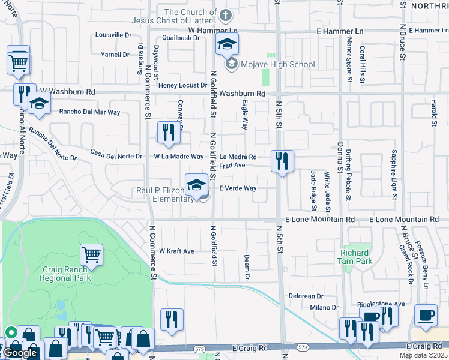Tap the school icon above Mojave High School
pyautogui.click(x=227, y=44)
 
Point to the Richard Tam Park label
pyautogui.click(x=356, y=257)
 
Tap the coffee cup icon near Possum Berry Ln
pyautogui.click(x=426, y=315)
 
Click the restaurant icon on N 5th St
pyautogui.click(x=282, y=161)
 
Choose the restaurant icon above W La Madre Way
pyautogui.click(x=169, y=133)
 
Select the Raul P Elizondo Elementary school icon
pyautogui.click(x=196, y=185)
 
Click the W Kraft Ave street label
pyautogui.click(x=176, y=251)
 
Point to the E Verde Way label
pyautogui.click(x=238, y=188)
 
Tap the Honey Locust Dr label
pyautogui.click(x=182, y=85)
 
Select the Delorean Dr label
pyautogui.click(x=306, y=296)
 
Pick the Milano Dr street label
pyautogui.click(x=324, y=308)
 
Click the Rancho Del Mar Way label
pyautogui.click(x=89, y=112)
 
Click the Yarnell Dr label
pyautogui.click(x=116, y=54)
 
